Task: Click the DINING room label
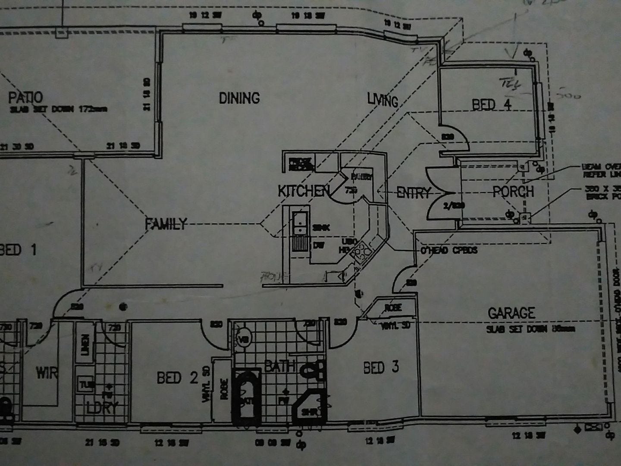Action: [x=239, y=98]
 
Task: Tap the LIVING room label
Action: [x=382, y=100]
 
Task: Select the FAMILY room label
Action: [x=166, y=224]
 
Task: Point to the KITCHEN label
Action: [x=304, y=191]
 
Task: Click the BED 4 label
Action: [x=492, y=104]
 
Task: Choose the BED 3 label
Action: [x=381, y=368]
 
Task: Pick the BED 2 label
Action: [x=177, y=378]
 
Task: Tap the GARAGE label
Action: [x=511, y=313]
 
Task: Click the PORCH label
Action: [x=513, y=192]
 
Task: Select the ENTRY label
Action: [x=414, y=192]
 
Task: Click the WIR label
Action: [x=47, y=372]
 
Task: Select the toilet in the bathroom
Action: [x=314, y=370]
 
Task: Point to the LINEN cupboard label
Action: [x=85, y=345]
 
